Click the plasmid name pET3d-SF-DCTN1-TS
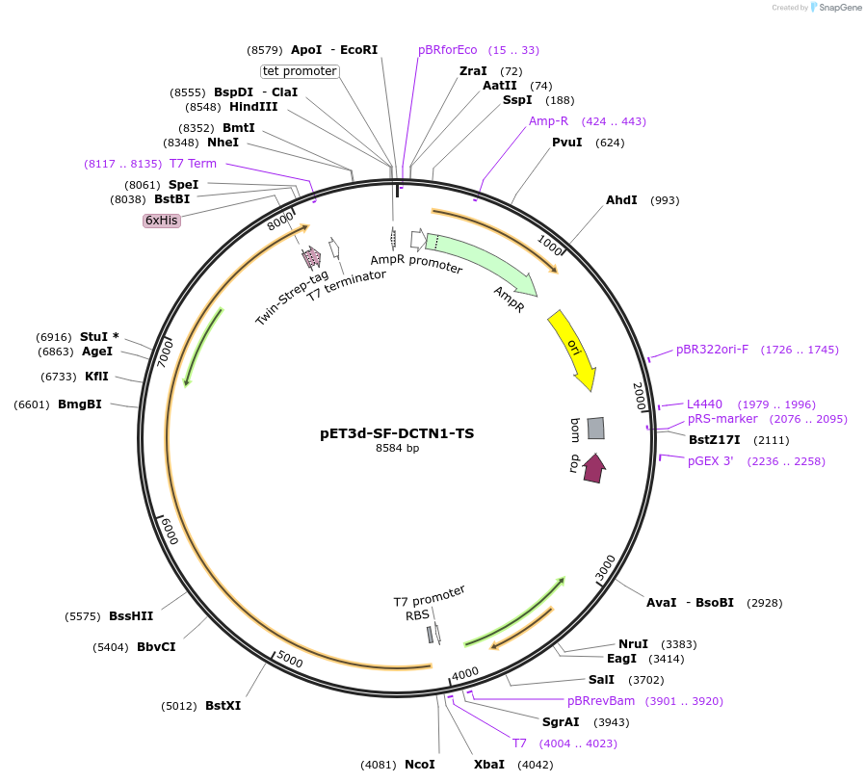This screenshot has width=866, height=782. point(397,433)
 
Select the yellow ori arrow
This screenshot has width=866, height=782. point(572,350)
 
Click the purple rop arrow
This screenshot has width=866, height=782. point(594,467)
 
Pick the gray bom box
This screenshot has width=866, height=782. point(596,429)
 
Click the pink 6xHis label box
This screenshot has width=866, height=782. point(162,221)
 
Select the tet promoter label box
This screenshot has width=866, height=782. point(300,71)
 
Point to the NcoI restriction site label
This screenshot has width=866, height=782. point(420,765)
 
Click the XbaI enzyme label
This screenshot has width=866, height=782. point(489,765)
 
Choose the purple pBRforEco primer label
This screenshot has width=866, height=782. point(448,50)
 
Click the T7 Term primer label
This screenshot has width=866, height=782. point(193,164)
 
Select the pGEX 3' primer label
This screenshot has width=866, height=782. point(711,461)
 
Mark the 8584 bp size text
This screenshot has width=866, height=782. point(397,448)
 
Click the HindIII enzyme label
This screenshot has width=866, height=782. point(253,107)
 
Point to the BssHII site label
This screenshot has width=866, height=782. point(131,616)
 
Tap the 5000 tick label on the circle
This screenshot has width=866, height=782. point(290,660)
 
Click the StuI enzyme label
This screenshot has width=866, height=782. point(94,337)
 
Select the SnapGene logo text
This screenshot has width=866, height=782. point(841,8)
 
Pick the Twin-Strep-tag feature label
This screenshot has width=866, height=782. point(291,298)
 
